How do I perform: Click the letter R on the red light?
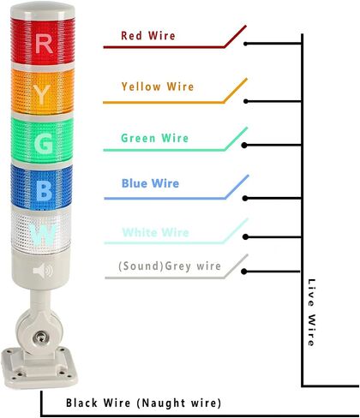[x=44, y=43]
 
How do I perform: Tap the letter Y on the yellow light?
[x=42, y=95]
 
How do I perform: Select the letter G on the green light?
[x=44, y=143]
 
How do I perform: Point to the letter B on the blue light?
[x=44, y=190]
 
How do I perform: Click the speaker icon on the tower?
[x=43, y=271]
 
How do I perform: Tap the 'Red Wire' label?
[x=148, y=36]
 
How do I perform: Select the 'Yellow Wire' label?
[x=158, y=87]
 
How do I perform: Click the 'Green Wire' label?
[x=155, y=138]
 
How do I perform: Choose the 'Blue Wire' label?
[x=150, y=183]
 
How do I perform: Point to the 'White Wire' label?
[x=156, y=232]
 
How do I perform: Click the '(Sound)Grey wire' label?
[x=170, y=266]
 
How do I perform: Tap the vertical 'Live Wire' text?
[x=311, y=313]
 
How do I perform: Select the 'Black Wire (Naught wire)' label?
[x=143, y=403]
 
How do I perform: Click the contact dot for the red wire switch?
[x=245, y=44]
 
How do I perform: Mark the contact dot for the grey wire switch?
[x=244, y=272]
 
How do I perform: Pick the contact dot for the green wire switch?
[x=244, y=146]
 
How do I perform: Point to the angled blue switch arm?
[x=237, y=187]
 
